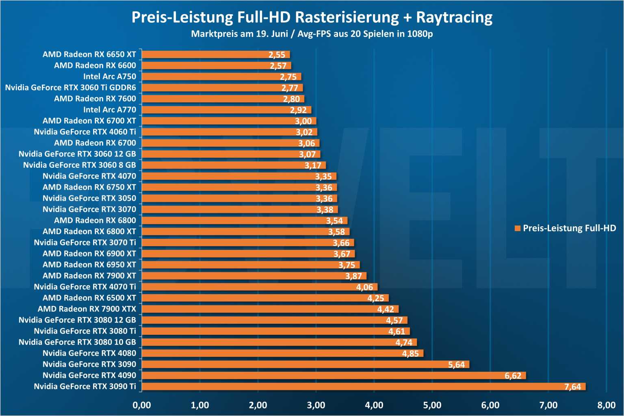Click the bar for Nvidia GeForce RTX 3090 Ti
364,386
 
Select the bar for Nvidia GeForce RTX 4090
334,375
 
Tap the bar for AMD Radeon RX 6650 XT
216,54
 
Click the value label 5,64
456,365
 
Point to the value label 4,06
364,287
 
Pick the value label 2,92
298,110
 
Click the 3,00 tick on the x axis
316,405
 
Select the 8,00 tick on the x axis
606,405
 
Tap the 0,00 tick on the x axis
142,405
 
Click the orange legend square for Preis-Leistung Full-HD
518,228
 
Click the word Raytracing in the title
454,17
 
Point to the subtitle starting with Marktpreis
312,34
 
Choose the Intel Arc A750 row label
110,76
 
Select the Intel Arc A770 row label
110,110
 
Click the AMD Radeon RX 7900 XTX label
87,309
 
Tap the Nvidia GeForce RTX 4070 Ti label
85,287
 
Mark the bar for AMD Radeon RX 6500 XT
265,298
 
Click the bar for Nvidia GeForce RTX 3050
239,198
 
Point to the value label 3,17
313,165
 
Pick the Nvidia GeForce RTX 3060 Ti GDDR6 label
71,87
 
